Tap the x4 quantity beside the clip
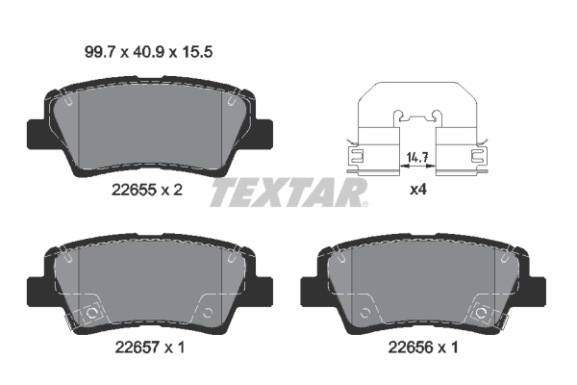click(x=418, y=190)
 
